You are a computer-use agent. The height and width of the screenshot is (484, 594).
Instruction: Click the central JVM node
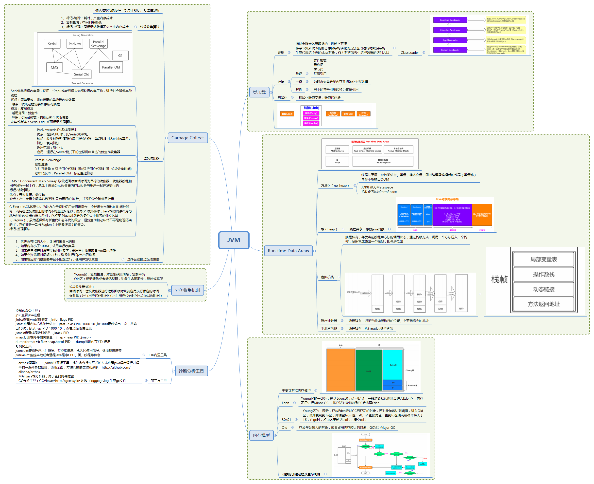tap(233, 240)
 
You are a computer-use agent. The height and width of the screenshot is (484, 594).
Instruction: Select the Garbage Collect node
tap(187, 138)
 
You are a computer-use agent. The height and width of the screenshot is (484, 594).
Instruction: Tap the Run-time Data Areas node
tap(288, 251)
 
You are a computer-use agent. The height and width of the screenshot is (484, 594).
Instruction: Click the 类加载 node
tap(259, 92)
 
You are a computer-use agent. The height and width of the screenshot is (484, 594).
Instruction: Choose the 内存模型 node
tap(261, 435)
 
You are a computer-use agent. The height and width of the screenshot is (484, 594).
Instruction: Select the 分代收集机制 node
tap(187, 290)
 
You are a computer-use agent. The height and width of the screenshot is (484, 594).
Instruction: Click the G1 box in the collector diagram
tap(120, 56)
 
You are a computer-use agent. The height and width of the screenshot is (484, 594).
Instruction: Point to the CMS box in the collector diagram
tap(55, 67)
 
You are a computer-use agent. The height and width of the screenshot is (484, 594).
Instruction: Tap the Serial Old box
tap(82, 74)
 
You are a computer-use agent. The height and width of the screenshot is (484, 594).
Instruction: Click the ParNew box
tap(75, 44)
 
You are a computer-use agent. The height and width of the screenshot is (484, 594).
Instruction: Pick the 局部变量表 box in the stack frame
tap(543, 259)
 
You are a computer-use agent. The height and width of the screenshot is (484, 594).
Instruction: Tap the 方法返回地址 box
tap(543, 304)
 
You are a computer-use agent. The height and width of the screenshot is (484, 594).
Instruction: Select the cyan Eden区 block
tap(393, 365)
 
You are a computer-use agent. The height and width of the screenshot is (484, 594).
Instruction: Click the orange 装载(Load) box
tap(287, 114)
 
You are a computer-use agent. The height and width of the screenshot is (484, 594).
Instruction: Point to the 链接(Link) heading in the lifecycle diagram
tap(311, 108)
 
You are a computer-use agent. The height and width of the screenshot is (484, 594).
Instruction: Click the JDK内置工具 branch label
tap(157, 355)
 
